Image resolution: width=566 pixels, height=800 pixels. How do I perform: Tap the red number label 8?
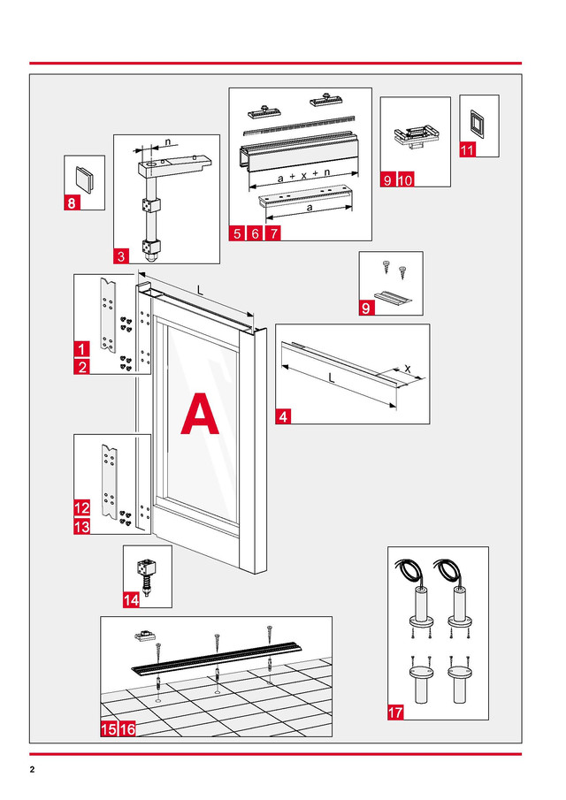click(x=73, y=203)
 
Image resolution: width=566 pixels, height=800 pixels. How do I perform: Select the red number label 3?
click(x=122, y=256)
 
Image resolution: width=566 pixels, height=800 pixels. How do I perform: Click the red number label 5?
click(x=236, y=233)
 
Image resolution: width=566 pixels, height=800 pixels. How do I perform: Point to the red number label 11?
click(x=468, y=150)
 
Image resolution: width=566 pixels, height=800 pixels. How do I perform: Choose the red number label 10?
click(x=406, y=179)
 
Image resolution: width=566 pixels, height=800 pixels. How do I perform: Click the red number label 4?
click(x=283, y=418)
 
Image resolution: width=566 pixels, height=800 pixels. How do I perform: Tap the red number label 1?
click(x=81, y=349)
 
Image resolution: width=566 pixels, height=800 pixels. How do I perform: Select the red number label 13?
click(x=81, y=527)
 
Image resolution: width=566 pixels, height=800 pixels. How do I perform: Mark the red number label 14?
click(x=131, y=599)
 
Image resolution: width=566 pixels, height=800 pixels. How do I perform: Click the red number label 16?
click(x=126, y=729)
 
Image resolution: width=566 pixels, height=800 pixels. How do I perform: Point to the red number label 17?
click(x=396, y=710)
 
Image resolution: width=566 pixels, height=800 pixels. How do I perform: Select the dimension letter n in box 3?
click(x=168, y=141)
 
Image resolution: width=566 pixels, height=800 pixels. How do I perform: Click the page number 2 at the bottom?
click(x=32, y=769)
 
